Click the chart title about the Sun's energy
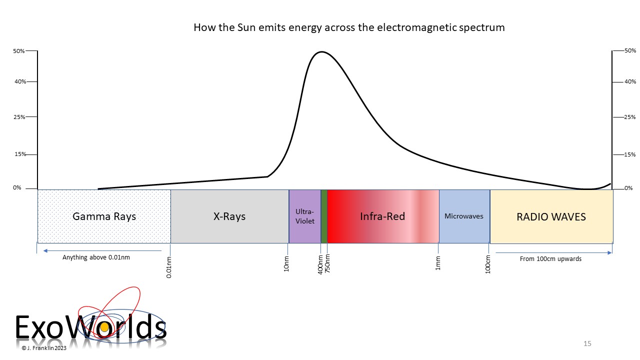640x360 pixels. [349, 27]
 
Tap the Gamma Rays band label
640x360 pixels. [104, 216]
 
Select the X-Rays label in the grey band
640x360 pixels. [229, 216]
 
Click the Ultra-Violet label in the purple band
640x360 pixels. [305, 216]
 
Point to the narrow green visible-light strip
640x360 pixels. [324, 216]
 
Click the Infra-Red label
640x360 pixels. [382, 216]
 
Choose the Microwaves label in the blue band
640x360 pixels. [463, 216]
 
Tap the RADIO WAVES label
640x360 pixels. [551, 217]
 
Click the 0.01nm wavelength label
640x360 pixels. [169, 267]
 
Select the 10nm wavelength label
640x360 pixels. [286, 264]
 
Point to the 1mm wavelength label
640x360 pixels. [437, 263]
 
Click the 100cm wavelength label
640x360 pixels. [487, 264]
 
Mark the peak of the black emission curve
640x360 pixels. [321, 52]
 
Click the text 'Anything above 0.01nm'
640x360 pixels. [96, 257]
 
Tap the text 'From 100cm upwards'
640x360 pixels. [550, 259]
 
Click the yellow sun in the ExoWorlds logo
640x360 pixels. [104, 327]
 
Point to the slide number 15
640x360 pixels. [587, 343]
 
